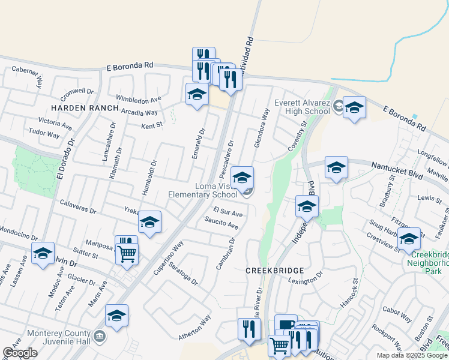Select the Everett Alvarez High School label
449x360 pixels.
click(303, 106)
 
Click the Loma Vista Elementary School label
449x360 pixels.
click(203, 190)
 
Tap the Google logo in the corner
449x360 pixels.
click(20, 353)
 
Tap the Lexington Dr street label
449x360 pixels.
click(305, 281)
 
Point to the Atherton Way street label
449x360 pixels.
click(194, 328)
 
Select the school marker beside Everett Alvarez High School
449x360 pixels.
click(354, 108)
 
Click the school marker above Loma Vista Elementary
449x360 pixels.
click(243, 178)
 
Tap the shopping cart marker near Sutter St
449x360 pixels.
click(127, 254)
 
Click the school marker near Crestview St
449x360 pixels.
click(409, 239)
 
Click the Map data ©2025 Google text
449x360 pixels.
click(412, 355)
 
